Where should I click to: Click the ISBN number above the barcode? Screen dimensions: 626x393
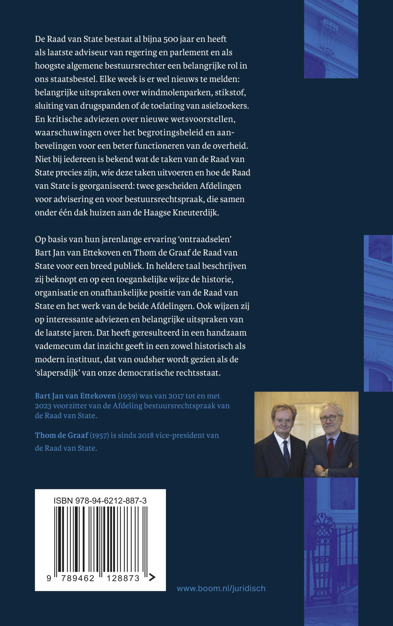(x=100, y=500)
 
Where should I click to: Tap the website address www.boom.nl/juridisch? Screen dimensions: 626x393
(x=221, y=588)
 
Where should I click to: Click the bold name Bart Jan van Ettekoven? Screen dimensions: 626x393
(x=75, y=396)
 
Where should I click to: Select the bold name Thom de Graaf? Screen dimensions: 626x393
(x=61, y=435)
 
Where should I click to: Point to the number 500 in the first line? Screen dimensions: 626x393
(x=171, y=39)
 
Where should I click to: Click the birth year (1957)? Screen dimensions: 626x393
(x=99, y=435)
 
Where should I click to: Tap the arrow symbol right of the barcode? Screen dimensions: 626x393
(x=152, y=577)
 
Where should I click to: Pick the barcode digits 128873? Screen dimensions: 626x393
(x=123, y=578)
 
